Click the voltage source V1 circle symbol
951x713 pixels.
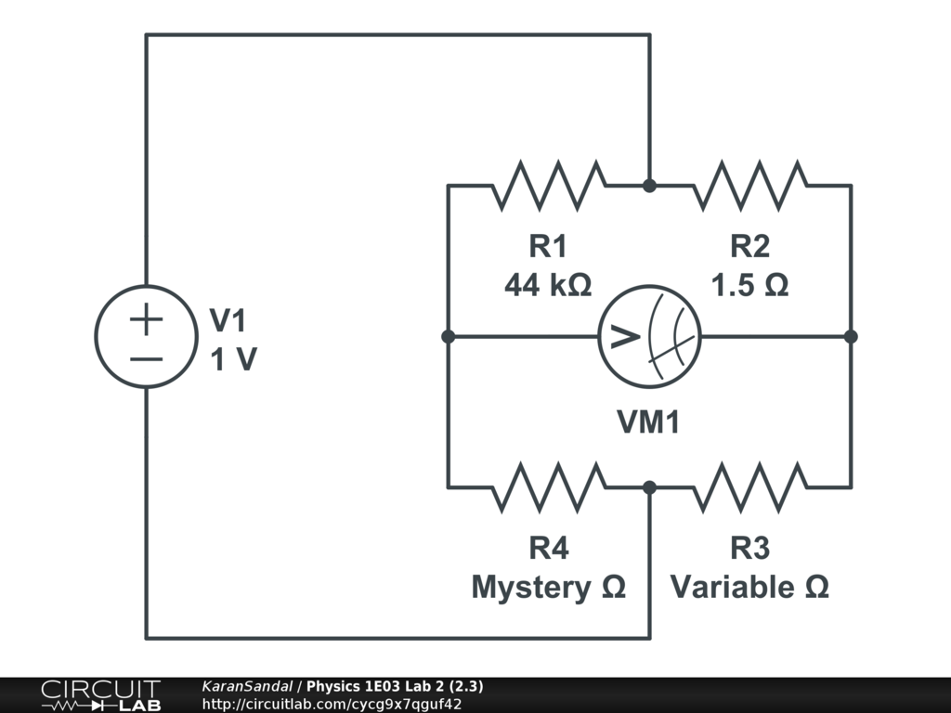(146, 336)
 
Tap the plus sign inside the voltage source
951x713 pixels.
(146, 319)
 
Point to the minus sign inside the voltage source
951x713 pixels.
(146, 357)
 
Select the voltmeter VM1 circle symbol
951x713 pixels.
(649, 336)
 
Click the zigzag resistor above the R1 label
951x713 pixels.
(548, 185)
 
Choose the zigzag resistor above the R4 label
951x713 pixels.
(548, 486)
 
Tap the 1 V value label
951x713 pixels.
(233, 360)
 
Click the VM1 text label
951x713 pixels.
(649, 422)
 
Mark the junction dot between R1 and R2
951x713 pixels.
(649, 186)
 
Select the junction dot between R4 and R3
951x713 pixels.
(649, 486)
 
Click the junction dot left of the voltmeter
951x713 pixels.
(448, 336)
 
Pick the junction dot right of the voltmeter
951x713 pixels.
(851, 336)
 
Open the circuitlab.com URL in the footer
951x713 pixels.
(332, 704)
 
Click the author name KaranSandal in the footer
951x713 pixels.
(247, 687)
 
